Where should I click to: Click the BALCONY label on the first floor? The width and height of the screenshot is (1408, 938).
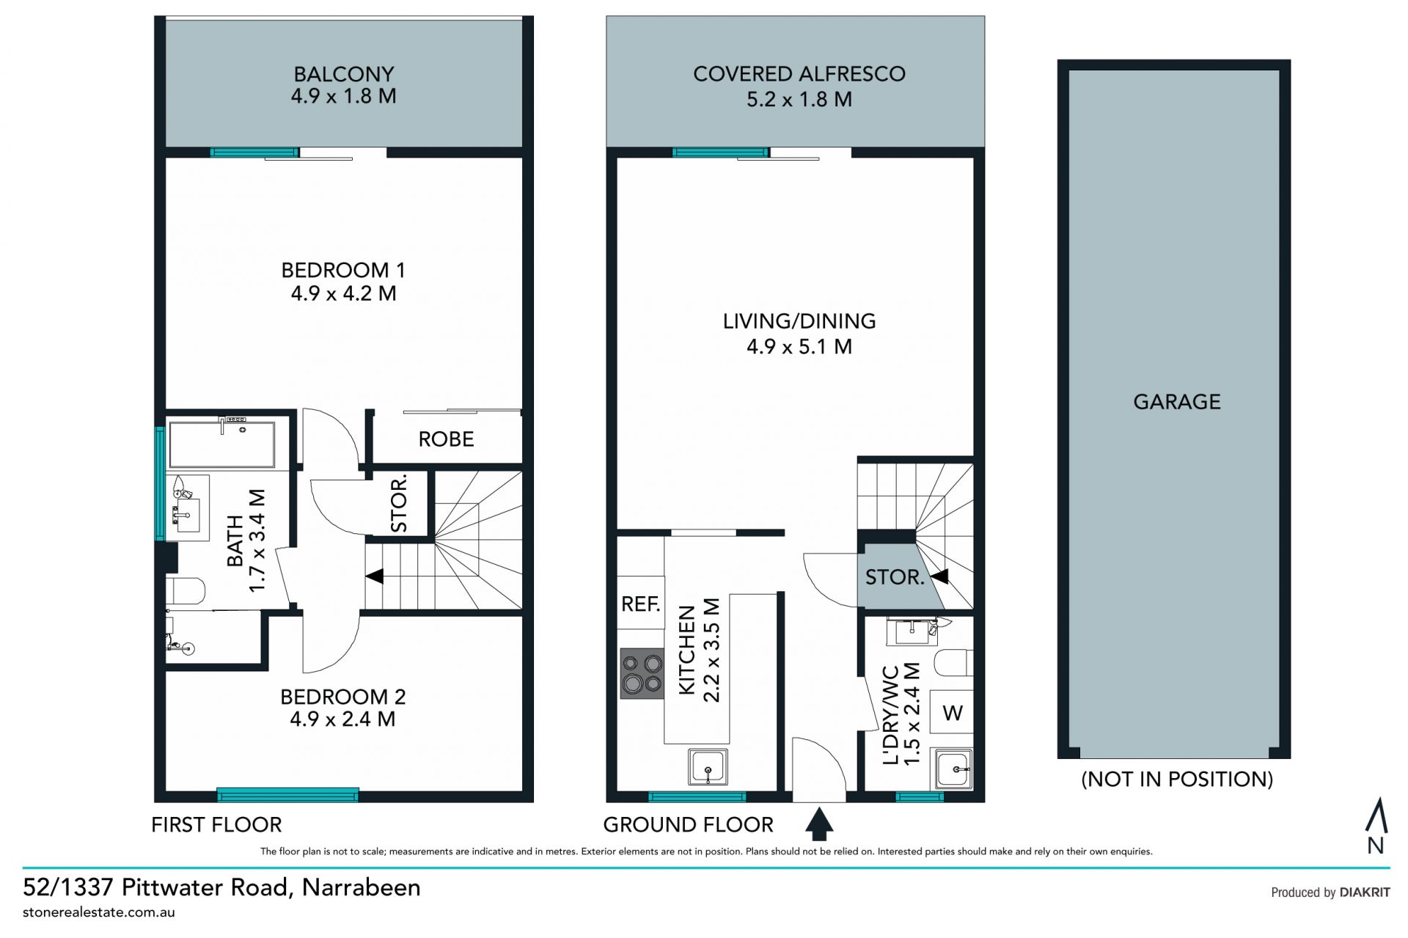pyautogui.click(x=344, y=74)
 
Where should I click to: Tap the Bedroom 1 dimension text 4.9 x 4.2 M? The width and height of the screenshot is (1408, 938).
pyautogui.click(x=344, y=293)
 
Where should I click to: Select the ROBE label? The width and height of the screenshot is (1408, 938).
pyautogui.click(x=446, y=439)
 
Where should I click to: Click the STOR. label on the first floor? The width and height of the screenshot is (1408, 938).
pyautogui.click(x=399, y=505)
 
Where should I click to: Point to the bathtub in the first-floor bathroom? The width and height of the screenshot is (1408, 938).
pyautogui.click(x=221, y=444)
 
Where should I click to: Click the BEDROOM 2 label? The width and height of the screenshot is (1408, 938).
pyautogui.click(x=343, y=696)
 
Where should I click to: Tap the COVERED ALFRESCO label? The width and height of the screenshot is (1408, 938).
pyautogui.click(x=799, y=74)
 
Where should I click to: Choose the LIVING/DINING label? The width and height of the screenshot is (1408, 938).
pyautogui.click(x=799, y=321)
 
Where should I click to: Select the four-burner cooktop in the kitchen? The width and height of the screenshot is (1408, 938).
pyautogui.click(x=642, y=674)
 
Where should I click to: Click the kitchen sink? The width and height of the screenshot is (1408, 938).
pyautogui.click(x=708, y=766)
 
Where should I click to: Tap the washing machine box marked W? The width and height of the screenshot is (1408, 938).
pyautogui.click(x=952, y=712)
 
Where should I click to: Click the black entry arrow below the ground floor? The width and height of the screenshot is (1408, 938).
pyautogui.click(x=819, y=824)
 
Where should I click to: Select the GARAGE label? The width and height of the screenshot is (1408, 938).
pyautogui.click(x=1177, y=402)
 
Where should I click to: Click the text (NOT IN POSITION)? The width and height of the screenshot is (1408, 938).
pyautogui.click(x=1177, y=779)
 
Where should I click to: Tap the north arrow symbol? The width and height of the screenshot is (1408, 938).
pyautogui.click(x=1376, y=826)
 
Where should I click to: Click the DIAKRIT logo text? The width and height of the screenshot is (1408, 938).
pyautogui.click(x=1365, y=893)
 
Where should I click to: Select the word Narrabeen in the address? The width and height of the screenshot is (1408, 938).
pyautogui.click(x=362, y=887)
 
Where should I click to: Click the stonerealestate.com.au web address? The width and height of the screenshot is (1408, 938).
pyautogui.click(x=99, y=912)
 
